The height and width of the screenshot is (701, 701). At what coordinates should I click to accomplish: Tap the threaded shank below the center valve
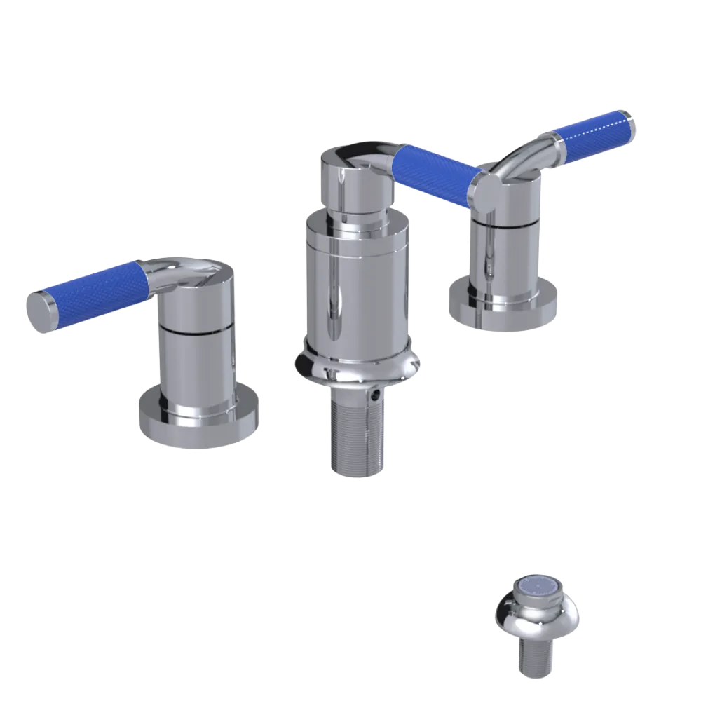coord(356,435)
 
